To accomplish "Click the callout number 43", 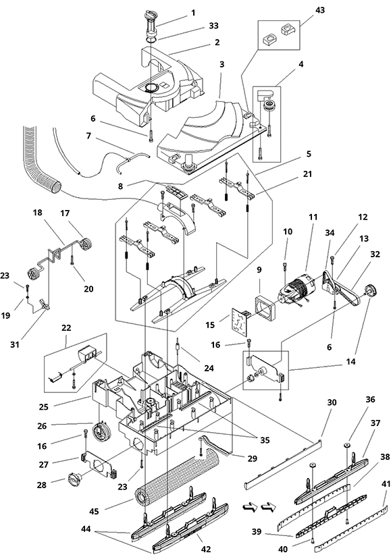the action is [x=320, y=10].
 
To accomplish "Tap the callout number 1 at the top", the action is [x=193, y=13].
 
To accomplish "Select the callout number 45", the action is [x=95, y=512].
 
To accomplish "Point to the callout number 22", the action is [x=66, y=328].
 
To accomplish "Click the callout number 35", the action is [x=265, y=440].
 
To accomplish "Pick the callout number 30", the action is [x=332, y=402].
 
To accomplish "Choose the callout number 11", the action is [x=313, y=217].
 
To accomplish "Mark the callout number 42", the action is [x=206, y=549].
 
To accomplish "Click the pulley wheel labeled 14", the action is [x=370, y=290].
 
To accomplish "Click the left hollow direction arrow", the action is [x=251, y=508].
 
